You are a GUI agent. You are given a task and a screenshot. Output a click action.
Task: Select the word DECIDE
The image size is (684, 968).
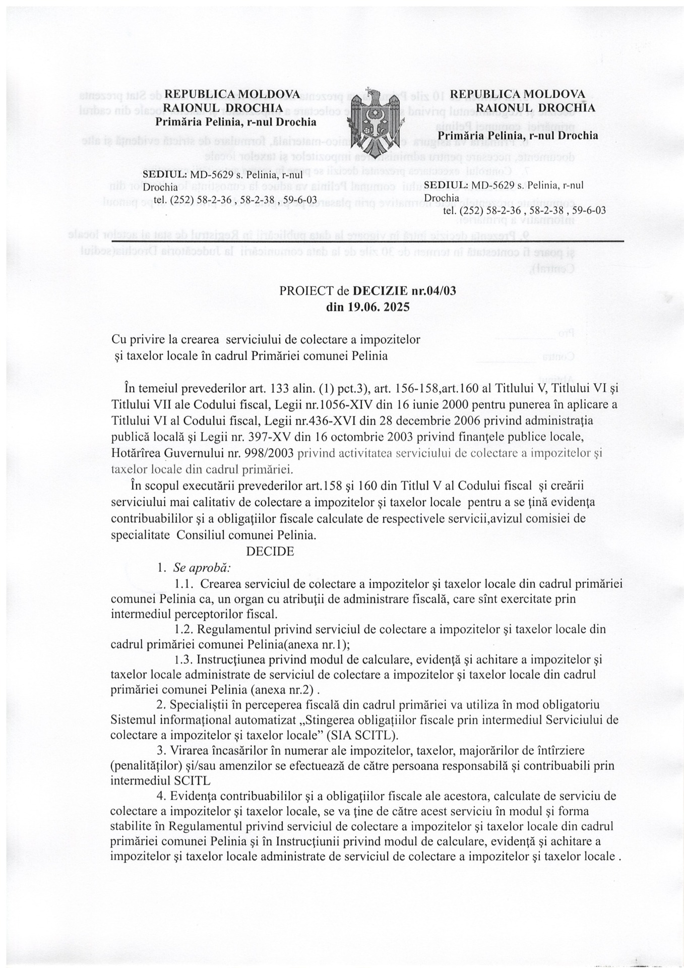pyautogui.click(x=270, y=551)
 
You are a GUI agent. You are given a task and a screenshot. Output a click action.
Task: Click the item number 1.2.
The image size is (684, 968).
pyautogui.click(x=183, y=629)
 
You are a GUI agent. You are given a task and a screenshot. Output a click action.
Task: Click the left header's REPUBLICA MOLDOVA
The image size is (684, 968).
pyautogui.click(x=232, y=94)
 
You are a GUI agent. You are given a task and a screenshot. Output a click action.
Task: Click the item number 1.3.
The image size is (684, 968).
pyautogui.click(x=183, y=659)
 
